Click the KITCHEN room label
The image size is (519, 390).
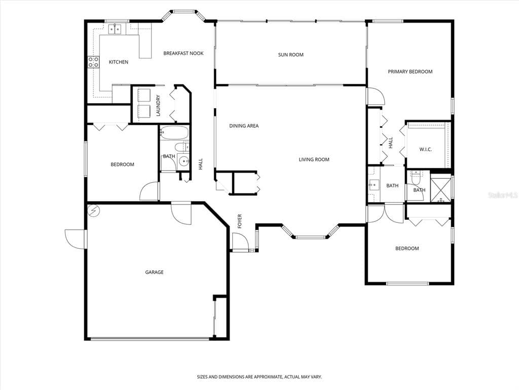119,62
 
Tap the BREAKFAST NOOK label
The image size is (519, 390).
183,53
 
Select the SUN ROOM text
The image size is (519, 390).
290,55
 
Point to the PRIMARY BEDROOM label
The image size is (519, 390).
410,72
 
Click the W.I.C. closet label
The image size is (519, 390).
426,150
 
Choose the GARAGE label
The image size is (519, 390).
154,272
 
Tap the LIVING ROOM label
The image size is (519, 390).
314,159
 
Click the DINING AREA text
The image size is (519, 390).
244,126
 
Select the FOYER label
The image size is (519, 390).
240,221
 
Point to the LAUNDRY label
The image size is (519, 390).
158,106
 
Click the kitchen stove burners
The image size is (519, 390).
93,62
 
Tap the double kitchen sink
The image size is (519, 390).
115,29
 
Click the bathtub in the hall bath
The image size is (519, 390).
174,133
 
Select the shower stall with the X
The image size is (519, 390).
440,190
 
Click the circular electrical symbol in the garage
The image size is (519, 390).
93,211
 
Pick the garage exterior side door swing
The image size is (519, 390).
75,239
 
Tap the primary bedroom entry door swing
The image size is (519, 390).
376,96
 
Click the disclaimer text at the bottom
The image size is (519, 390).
259,377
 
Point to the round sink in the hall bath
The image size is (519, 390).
183,161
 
